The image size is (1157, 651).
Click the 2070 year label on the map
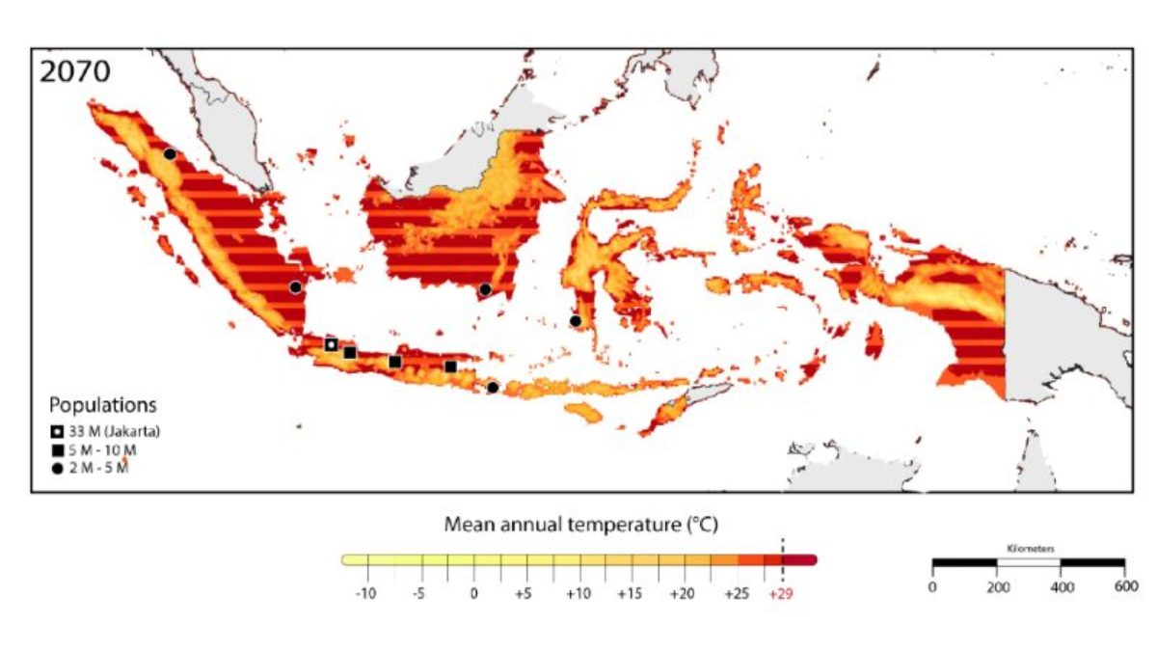point(75,72)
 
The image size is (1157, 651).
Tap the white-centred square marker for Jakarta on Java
point(331,344)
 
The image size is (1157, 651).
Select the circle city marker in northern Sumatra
point(170,153)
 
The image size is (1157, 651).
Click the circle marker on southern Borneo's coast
point(485,289)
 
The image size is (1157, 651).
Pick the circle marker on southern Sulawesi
point(576,321)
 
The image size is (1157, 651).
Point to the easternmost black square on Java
point(450,366)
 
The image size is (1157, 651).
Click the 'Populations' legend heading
point(103,405)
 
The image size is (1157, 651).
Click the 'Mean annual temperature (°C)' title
point(581,526)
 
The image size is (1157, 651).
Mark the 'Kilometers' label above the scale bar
point(1030,548)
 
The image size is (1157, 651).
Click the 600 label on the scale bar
point(1124,586)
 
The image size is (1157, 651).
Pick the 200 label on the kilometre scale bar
point(996,586)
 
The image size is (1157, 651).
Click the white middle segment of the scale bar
point(1029,561)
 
